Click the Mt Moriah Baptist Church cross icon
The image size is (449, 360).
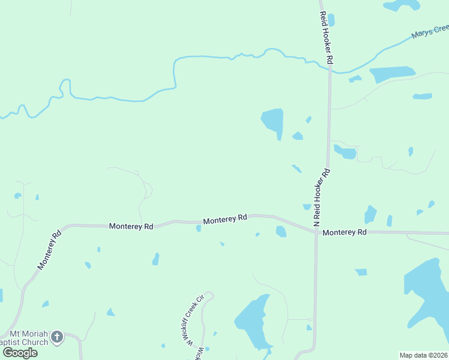57,337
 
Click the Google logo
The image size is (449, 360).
20,352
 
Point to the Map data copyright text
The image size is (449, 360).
424,355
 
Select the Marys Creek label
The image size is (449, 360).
430,31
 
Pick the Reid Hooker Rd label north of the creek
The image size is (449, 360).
326,38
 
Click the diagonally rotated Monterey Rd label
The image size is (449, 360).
50,250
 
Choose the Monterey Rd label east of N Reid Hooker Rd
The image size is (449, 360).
344,232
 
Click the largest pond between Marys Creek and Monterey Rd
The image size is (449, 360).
273,121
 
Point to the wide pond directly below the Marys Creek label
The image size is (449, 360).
392,74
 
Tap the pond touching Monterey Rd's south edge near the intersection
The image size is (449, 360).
281,232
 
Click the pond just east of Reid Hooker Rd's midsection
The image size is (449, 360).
346,152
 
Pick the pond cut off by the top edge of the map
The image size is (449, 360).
403,5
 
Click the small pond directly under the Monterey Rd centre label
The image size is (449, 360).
199,228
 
